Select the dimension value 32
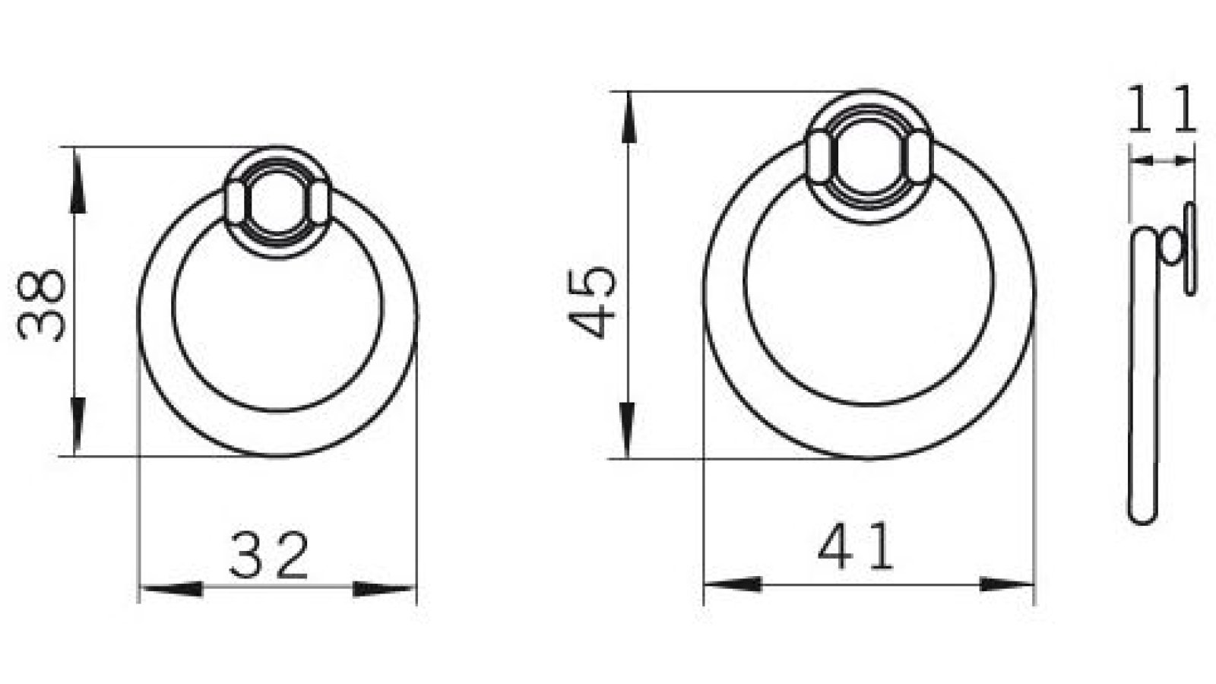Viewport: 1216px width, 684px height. click(269, 556)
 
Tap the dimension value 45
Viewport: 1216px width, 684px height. click(594, 301)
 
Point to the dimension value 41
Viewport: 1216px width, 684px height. click(857, 548)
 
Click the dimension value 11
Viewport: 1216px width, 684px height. click(1161, 109)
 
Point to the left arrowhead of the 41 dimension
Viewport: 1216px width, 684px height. click(733, 584)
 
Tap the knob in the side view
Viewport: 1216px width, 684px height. click(1170, 248)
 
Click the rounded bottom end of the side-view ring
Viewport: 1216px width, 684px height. click(1140, 513)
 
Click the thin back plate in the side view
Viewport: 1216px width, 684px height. click(1190, 248)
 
